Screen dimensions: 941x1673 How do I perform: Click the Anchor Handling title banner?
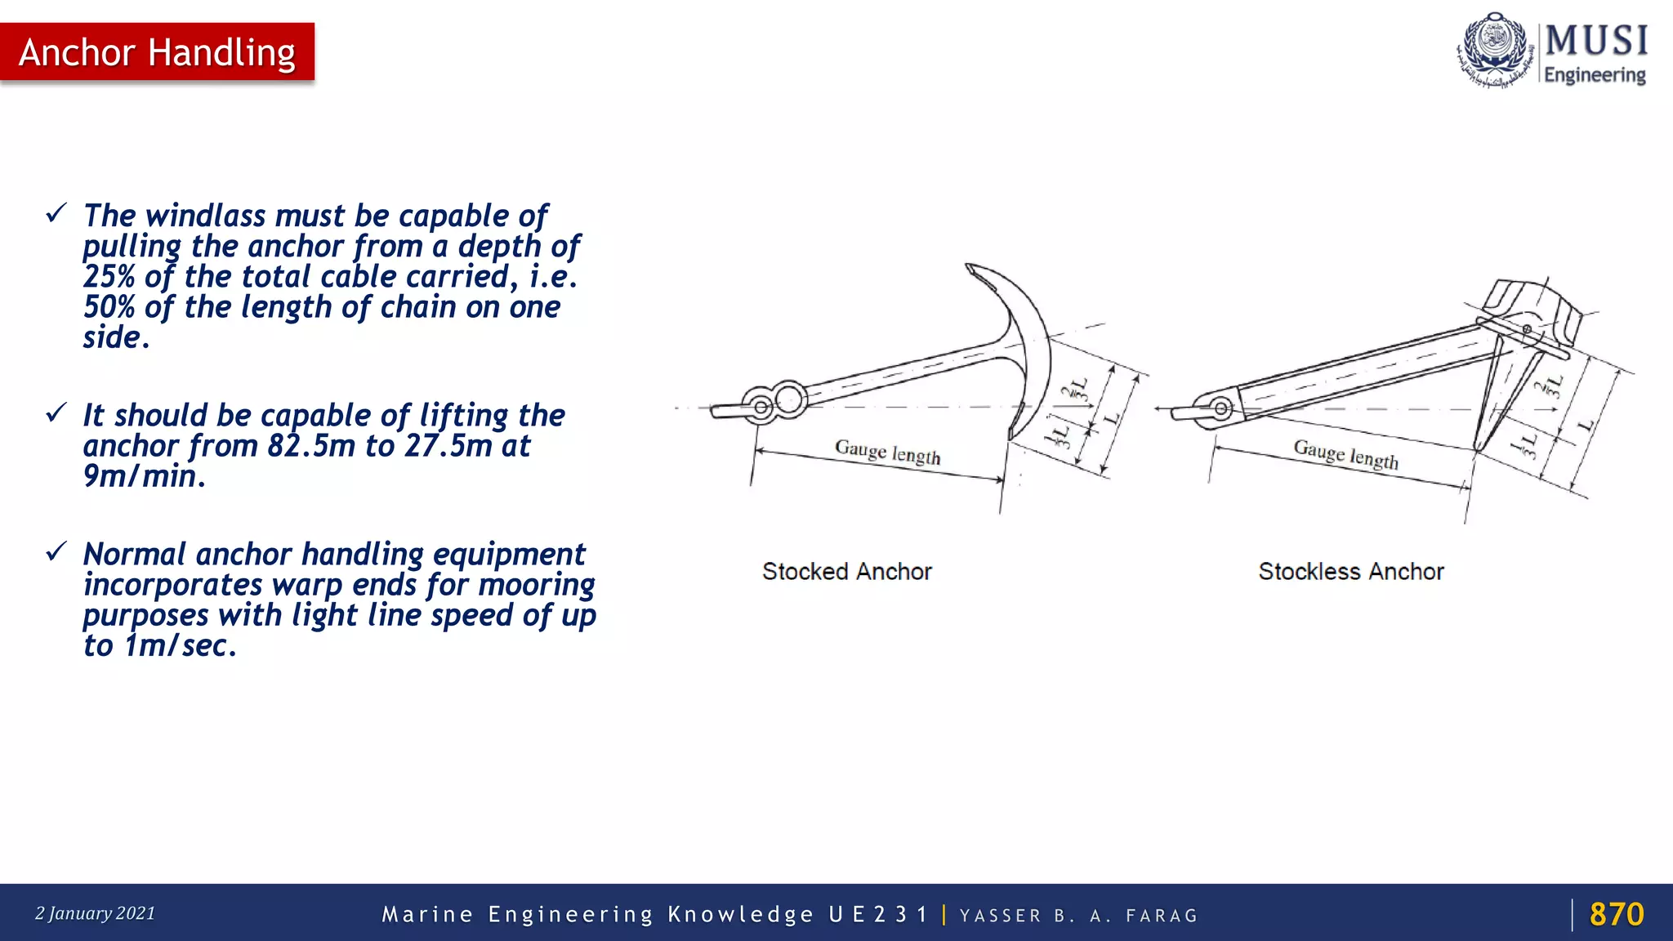click(x=157, y=52)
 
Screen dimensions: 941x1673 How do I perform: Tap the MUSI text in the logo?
click(x=1596, y=41)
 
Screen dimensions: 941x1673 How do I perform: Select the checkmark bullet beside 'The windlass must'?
click(x=56, y=214)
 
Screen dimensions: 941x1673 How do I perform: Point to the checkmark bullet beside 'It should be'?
click(x=56, y=413)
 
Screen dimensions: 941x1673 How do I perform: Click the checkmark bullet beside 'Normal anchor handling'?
click(x=56, y=552)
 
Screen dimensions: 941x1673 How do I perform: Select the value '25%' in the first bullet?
click(x=109, y=277)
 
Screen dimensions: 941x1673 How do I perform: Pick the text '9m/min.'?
click(x=144, y=476)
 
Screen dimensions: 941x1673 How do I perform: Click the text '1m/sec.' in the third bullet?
click(x=180, y=646)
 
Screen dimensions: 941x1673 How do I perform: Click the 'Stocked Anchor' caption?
click(x=846, y=571)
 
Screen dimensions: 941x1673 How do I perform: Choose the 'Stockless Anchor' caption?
click(x=1350, y=571)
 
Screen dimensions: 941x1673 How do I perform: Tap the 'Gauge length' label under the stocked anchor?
click(x=887, y=452)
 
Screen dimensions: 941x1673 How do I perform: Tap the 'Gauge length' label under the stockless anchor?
click(x=1345, y=454)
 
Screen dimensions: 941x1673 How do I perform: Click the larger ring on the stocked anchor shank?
click(x=789, y=399)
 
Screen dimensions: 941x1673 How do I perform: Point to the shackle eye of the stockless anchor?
click(x=1220, y=408)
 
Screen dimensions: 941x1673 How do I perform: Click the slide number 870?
click(x=1616, y=914)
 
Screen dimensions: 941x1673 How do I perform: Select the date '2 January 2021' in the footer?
click(x=95, y=913)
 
